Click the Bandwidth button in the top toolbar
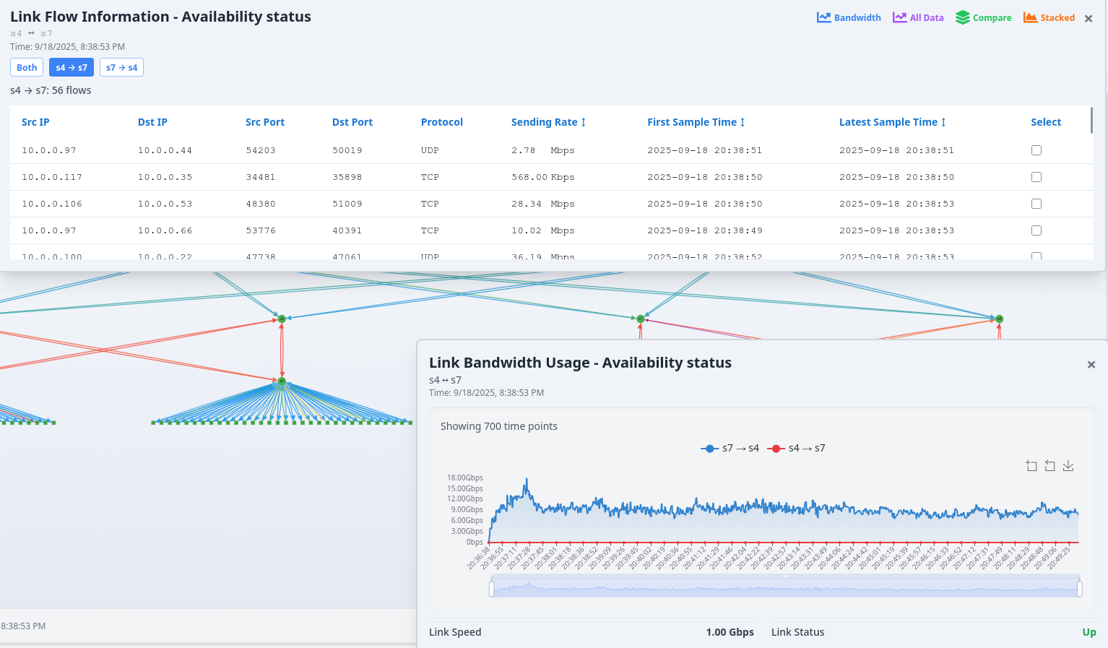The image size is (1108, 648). (x=849, y=18)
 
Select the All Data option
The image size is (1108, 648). (x=918, y=18)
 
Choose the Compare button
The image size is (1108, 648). (x=983, y=18)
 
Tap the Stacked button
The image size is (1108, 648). (x=1049, y=18)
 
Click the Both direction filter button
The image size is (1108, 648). (x=27, y=68)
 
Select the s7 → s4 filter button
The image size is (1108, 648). (x=121, y=68)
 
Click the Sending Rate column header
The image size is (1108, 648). (x=547, y=122)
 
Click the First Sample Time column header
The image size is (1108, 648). (x=695, y=122)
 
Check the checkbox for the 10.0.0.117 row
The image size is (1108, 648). (x=1036, y=177)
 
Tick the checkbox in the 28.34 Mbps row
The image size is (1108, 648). (x=1036, y=204)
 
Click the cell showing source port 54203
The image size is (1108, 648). (x=261, y=150)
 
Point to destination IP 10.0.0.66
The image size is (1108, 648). (x=165, y=230)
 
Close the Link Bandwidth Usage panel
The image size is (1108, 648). (x=1091, y=365)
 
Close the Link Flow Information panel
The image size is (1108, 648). (x=1088, y=19)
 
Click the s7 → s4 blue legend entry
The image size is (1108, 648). (x=730, y=449)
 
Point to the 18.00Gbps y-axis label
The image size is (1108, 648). (x=464, y=478)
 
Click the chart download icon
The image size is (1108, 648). (x=1068, y=466)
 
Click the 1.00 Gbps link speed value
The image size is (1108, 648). (x=730, y=632)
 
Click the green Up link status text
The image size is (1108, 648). (x=1088, y=632)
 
